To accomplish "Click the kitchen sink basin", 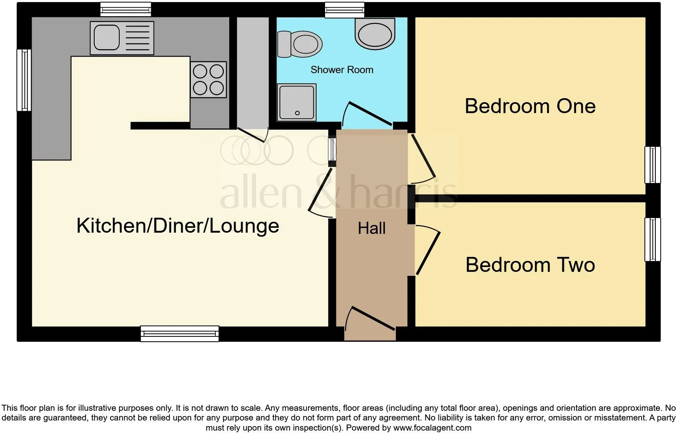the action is coord(106,38).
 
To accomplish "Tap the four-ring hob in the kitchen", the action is coord(208,80).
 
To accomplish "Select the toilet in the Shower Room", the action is coord(300,44).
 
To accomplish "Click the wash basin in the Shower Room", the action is coord(375,34).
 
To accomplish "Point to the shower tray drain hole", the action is coord(297,113).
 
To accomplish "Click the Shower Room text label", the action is coord(342,69).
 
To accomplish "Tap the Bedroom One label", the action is coord(530,106).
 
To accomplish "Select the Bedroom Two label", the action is coord(530,265).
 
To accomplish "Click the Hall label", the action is coord(372,228).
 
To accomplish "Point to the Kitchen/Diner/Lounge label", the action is coord(178,225).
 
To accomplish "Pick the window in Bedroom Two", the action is coord(653,240).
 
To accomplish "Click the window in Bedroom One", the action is coord(653,165).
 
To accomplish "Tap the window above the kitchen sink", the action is coord(126,9).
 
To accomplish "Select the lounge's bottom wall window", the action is coord(180,334).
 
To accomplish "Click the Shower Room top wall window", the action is coord(344,10).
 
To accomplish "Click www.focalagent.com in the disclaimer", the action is coord(432,428).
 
